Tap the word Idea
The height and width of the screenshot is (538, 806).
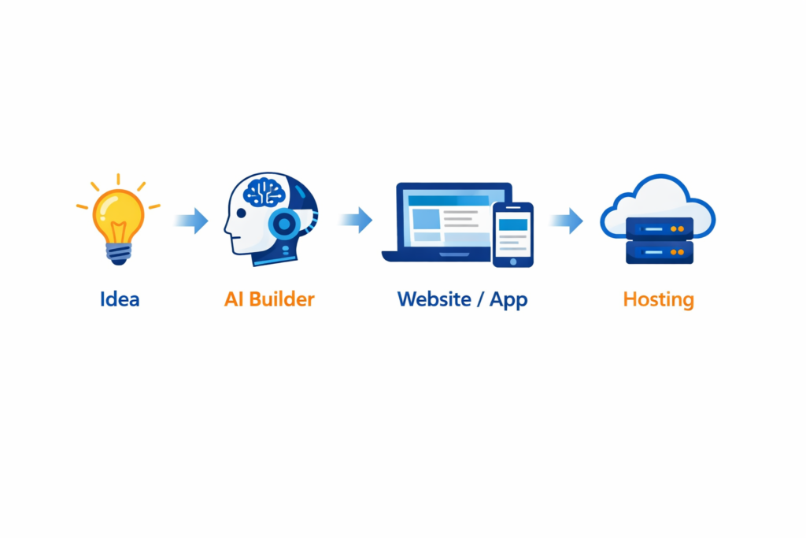tap(120, 299)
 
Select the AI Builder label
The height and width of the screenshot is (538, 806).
tap(269, 299)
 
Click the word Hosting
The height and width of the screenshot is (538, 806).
tap(658, 299)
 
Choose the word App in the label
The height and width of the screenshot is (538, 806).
tap(508, 300)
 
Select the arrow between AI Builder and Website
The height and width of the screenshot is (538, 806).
tap(357, 220)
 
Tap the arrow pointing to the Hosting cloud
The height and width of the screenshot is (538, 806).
tap(568, 221)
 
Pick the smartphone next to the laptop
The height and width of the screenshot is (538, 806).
tap(513, 234)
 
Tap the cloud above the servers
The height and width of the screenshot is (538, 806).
tap(656, 201)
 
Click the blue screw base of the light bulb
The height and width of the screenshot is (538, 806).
tap(118, 252)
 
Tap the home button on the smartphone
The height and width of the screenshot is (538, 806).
tap(513, 261)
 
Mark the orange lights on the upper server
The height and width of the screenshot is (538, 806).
tap(677, 228)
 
